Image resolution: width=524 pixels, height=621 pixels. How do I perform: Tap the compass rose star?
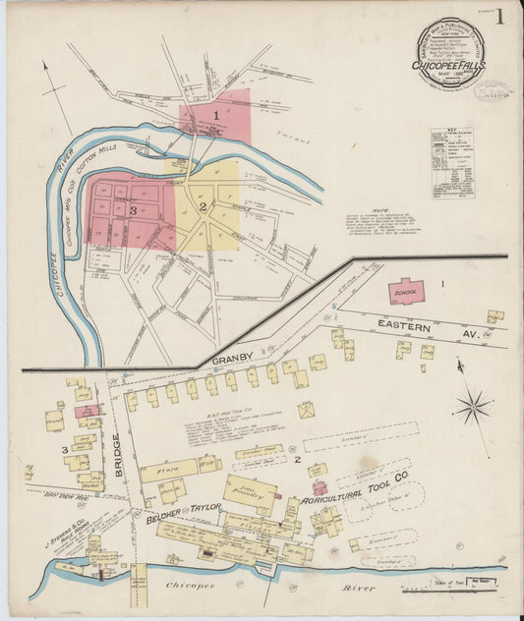tap(473, 405)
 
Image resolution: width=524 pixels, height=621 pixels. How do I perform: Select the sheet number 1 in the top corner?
tap(500, 16)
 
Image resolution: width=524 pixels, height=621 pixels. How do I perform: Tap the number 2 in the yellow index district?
tap(201, 207)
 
